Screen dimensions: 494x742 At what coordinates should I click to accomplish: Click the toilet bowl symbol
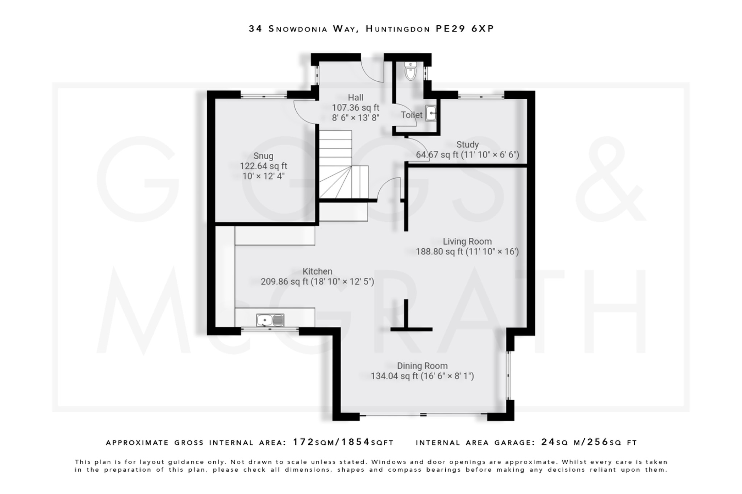[410, 72]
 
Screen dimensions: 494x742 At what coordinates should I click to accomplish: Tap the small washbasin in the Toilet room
[431, 113]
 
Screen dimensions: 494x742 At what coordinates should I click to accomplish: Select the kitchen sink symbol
[270, 320]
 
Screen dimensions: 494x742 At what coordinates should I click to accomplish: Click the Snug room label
[263, 156]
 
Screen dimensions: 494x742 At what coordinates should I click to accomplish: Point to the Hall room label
[355, 97]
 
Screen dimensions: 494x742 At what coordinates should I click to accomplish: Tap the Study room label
[467, 144]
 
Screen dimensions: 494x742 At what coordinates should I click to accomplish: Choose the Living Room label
[467, 241]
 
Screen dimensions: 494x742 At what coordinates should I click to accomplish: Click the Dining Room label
[422, 366]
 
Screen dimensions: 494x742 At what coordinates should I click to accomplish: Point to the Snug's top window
[264, 96]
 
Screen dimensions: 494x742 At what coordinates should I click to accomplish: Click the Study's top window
[481, 96]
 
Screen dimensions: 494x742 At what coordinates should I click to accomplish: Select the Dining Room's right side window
[508, 375]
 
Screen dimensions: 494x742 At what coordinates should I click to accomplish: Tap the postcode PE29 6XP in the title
[465, 29]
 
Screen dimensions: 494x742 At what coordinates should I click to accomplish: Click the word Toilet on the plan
[412, 115]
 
